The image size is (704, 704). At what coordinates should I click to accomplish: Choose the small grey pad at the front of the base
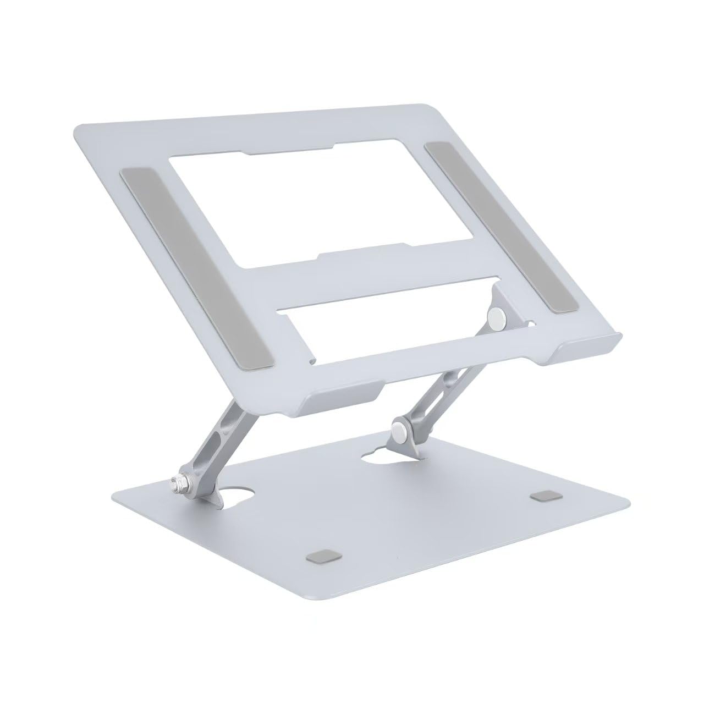[x=315, y=569]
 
